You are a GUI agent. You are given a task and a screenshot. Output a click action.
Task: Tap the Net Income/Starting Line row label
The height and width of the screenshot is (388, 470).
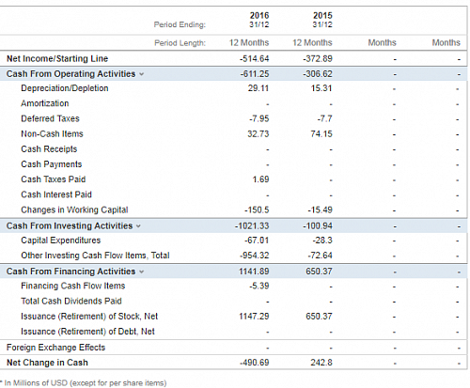(x=57, y=58)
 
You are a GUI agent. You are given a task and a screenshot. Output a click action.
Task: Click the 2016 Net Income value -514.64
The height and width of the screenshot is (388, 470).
(x=255, y=58)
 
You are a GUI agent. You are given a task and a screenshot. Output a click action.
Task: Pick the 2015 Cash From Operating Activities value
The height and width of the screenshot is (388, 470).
(x=318, y=74)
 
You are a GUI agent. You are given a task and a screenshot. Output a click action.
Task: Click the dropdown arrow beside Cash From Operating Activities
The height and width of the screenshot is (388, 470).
(x=142, y=74)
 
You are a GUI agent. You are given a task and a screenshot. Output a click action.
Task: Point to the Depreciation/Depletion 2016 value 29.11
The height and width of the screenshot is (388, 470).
(x=258, y=88)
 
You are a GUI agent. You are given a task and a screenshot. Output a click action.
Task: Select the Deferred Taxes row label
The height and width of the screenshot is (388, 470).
(x=50, y=118)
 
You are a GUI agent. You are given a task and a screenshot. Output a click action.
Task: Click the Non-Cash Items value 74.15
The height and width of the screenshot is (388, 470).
(x=321, y=134)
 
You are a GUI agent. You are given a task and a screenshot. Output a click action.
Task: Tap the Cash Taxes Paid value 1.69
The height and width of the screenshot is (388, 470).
(x=260, y=179)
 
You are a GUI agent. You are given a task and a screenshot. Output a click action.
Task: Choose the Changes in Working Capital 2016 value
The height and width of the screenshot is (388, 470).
(x=257, y=210)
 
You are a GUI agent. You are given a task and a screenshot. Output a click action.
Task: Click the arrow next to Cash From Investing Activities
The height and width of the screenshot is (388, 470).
(x=138, y=226)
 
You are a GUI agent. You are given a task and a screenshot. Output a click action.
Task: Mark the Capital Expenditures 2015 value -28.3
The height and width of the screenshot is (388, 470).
(x=322, y=241)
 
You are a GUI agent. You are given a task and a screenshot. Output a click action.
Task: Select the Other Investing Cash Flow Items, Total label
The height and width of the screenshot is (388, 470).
(x=95, y=256)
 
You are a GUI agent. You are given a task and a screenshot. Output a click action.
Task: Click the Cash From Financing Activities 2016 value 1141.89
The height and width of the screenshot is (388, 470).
(x=254, y=272)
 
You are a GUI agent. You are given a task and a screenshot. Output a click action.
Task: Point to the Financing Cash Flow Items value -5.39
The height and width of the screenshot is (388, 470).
(x=259, y=286)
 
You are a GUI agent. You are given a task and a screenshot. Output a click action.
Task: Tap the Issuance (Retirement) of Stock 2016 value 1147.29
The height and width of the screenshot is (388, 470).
(x=254, y=317)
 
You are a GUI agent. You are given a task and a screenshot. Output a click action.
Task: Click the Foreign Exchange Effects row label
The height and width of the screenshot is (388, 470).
(x=55, y=348)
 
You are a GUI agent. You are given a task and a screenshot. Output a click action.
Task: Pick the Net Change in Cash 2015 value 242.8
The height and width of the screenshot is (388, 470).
(x=321, y=363)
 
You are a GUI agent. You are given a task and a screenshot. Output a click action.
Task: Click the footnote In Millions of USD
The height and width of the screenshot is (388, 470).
(x=86, y=383)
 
